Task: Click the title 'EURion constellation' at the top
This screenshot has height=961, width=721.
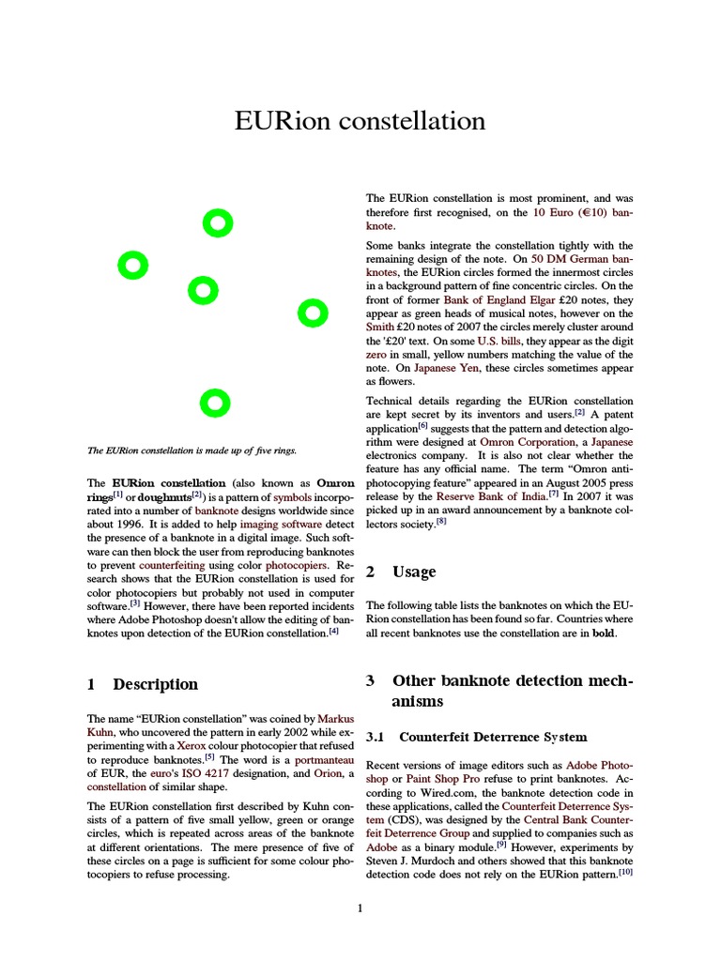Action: [360, 121]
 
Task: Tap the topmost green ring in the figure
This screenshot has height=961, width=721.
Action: [217, 223]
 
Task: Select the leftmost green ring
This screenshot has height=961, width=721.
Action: [132, 267]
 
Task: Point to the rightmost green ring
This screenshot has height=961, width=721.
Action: [312, 313]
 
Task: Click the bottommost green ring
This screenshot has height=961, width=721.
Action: [215, 403]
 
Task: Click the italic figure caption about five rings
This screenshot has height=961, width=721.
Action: [192, 450]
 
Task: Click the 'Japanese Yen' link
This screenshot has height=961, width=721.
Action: [447, 369]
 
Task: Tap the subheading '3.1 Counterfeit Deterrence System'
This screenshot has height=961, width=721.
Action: [477, 737]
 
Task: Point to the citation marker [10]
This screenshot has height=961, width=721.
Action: [625, 873]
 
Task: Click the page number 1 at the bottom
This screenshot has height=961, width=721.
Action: [360, 908]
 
